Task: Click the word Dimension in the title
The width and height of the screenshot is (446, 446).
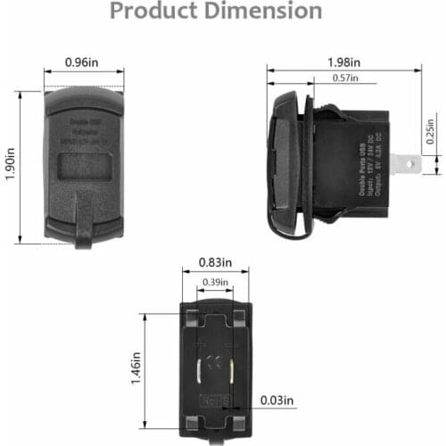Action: [x=265, y=11]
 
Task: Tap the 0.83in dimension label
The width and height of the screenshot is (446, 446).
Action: [x=214, y=262]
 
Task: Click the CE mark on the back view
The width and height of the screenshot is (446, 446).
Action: [x=214, y=363]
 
